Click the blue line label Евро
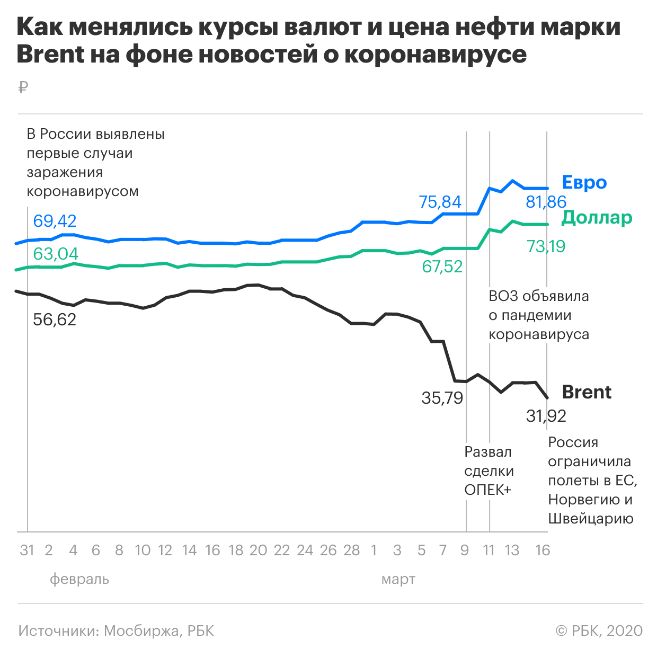584,182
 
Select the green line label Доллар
597,217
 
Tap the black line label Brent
587,392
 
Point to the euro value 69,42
55,220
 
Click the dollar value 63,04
56,254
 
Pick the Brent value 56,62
55,319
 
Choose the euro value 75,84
440,202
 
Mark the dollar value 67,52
442,267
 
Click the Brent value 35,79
442,398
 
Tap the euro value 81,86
546,202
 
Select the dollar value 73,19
546,246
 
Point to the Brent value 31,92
546,416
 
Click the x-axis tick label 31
27,551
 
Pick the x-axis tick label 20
258,551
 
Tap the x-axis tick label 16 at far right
543,551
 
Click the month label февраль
79,579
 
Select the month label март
398,579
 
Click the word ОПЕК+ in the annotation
487,490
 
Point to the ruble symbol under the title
22,87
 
